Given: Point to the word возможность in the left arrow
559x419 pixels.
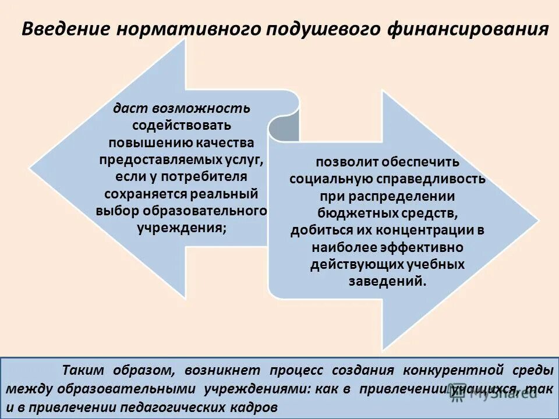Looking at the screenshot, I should [x=201, y=108].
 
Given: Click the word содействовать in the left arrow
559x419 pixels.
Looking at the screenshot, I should [x=182, y=125].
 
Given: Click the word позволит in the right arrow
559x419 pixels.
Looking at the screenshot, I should [x=340, y=162].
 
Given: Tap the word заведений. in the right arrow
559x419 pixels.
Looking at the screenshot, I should [x=387, y=280].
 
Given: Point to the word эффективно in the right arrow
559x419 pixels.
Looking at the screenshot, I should [x=429, y=247].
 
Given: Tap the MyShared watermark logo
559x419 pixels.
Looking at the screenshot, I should [x=493, y=393].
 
